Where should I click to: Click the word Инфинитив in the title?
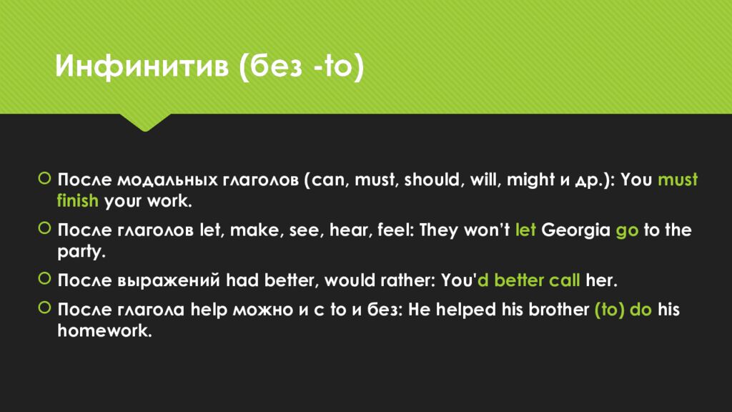pos(142,65)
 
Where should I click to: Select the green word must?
pos(678,180)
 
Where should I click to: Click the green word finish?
pos(77,201)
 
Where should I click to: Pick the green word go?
pos(627,232)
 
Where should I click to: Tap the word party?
pos(80,252)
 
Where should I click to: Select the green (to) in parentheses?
pos(609,310)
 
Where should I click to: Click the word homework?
pos(104,330)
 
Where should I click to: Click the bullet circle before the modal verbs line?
pos(44,178)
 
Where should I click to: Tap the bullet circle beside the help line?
pos(44,308)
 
